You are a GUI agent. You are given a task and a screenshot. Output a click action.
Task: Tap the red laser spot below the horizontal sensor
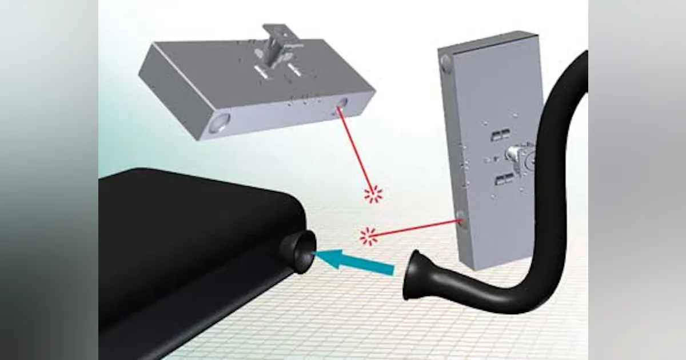click(373, 195)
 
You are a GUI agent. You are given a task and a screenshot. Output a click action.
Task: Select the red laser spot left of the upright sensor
click(369, 236)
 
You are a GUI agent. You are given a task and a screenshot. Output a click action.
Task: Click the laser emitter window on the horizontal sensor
click(341, 103)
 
